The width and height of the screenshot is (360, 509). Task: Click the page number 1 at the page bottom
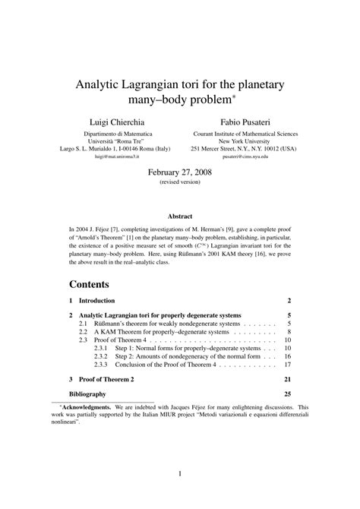180,475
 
